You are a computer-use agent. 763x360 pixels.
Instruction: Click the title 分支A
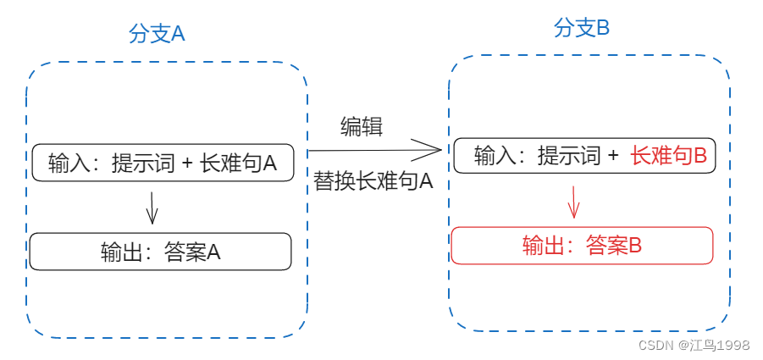(x=157, y=34)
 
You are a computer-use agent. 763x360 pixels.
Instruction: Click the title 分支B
(x=582, y=28)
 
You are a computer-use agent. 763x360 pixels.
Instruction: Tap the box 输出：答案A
(x=160, y=252)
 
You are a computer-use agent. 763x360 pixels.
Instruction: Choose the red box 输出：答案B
(x=583, y=246)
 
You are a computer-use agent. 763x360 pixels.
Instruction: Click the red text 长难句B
(x=669, y=156)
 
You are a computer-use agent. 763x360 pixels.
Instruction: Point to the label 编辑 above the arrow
(x=362, y=127)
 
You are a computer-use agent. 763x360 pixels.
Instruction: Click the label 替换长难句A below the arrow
(x=373, y=180)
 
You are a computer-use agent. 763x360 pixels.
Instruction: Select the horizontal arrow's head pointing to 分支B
(x=436, y=151)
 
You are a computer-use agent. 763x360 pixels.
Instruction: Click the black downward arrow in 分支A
(x=152, y=208)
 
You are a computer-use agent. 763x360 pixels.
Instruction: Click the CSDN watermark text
(x=655, y=345)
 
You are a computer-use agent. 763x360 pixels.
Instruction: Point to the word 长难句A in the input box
(x=239, y=163)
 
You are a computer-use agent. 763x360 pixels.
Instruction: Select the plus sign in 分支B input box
(x=613, y=156)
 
